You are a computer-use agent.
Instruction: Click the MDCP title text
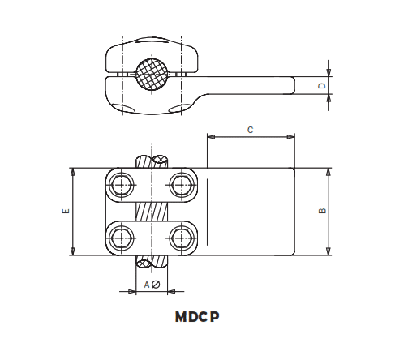point(197,317)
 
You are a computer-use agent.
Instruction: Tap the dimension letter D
point(321,84)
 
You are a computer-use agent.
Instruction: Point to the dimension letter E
point(65,212)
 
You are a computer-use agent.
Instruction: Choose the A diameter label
point(151,285)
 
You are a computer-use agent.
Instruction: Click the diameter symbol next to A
point(156,285)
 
